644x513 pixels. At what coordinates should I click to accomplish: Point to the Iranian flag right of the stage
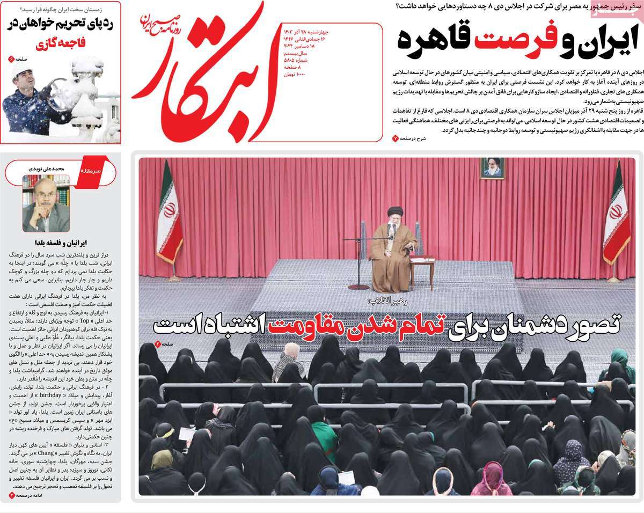[616, 215]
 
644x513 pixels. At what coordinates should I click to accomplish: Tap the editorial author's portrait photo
[46, 204]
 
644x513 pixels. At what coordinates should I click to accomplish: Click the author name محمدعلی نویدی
[46, 168]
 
